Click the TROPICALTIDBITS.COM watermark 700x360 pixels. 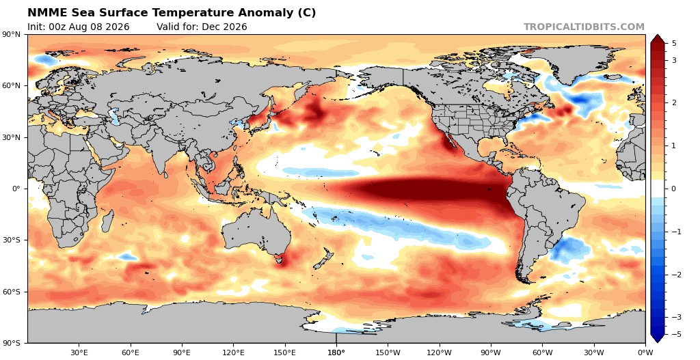tap(584, 27)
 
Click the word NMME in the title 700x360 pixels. tap(45, 13)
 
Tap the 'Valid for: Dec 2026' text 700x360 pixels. tap(202, 27)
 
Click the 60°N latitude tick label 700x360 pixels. tap(13, 85)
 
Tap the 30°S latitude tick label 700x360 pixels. tap(14, 240)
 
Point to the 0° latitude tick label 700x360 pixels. tap(17, 189)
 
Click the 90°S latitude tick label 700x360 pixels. tap(14, 343)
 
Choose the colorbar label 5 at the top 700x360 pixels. tap(673, 43)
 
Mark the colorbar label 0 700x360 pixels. tap(673, 189)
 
